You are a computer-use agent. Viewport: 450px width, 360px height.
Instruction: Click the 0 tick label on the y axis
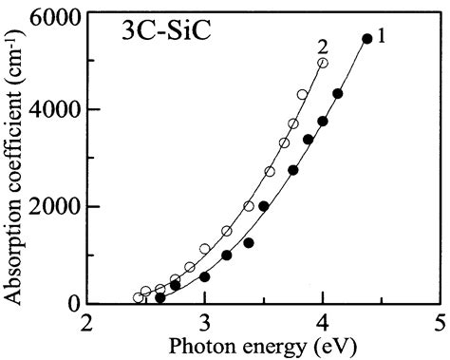point(73,304)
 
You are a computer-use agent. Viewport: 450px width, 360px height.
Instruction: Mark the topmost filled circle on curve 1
point(367,39)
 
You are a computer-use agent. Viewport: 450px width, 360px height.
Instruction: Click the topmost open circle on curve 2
point(323,63)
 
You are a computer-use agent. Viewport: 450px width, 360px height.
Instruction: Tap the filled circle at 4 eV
point(323,122)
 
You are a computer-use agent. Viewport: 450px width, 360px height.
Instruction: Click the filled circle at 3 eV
point(204,276)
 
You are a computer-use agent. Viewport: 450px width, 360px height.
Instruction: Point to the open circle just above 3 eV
point(205,249)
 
